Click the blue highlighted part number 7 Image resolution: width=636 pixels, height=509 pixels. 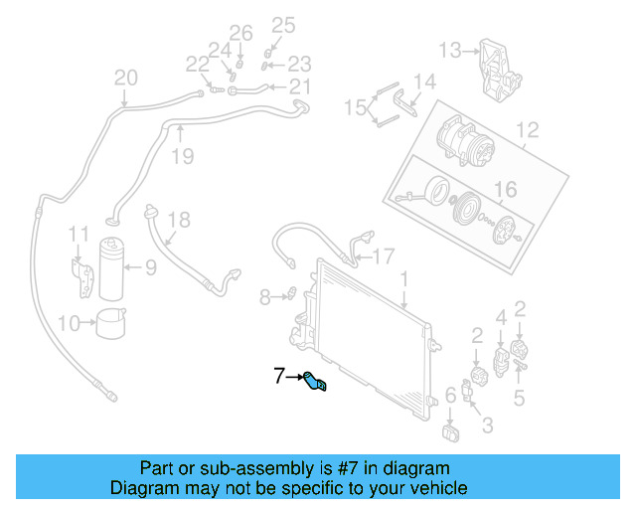click(x=317, y=382)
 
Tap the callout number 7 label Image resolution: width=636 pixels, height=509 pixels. click(x=279, y=376)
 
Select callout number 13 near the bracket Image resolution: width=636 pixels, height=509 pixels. click(x=450, y=50)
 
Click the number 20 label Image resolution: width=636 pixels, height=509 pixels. click(x=126, y=78)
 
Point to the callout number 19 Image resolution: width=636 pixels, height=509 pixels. click(x=181, y=155)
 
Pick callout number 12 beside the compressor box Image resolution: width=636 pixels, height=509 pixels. click(x=527, y=128)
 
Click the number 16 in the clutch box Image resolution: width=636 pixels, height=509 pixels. click(x=506, y=189)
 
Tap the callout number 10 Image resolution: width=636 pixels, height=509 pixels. click(x=69, y=322)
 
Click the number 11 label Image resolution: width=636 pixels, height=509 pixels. click(x=79, y=234)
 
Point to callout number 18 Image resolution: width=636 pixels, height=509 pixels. click(x=178, y=220)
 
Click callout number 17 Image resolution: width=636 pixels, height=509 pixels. click(x=384, y=254)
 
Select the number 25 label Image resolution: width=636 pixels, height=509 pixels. click(x=284, y=25)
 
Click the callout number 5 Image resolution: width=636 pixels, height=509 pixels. click(x=519, y=399)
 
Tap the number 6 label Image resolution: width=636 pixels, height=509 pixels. click(x=450, y=396)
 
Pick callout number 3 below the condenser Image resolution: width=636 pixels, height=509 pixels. click(x=487, y=426)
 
